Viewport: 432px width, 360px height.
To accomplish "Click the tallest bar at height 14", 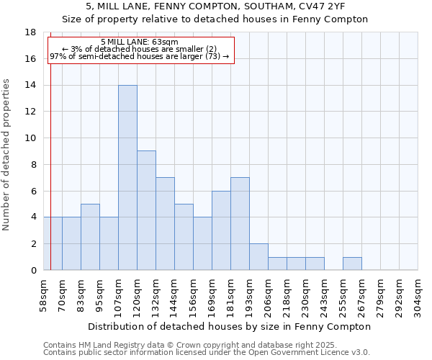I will point(127,178).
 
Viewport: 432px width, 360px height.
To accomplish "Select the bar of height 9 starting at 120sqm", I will point(146,210).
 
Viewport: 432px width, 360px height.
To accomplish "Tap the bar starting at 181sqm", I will point(240,224).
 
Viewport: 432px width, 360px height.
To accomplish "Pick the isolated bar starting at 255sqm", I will point(352,263).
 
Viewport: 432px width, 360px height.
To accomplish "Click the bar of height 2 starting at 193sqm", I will point(258,257).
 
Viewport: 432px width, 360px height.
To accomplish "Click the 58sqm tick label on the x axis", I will point(43,295).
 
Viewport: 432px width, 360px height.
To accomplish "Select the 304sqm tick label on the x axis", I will point(418,295).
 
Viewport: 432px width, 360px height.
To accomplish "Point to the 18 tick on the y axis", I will point(30,32).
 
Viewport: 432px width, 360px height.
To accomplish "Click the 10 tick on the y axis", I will point(30,138).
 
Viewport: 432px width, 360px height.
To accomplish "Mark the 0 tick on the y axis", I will point(33,271).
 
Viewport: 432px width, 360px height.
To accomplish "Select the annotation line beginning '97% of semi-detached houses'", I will point(140,56).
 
